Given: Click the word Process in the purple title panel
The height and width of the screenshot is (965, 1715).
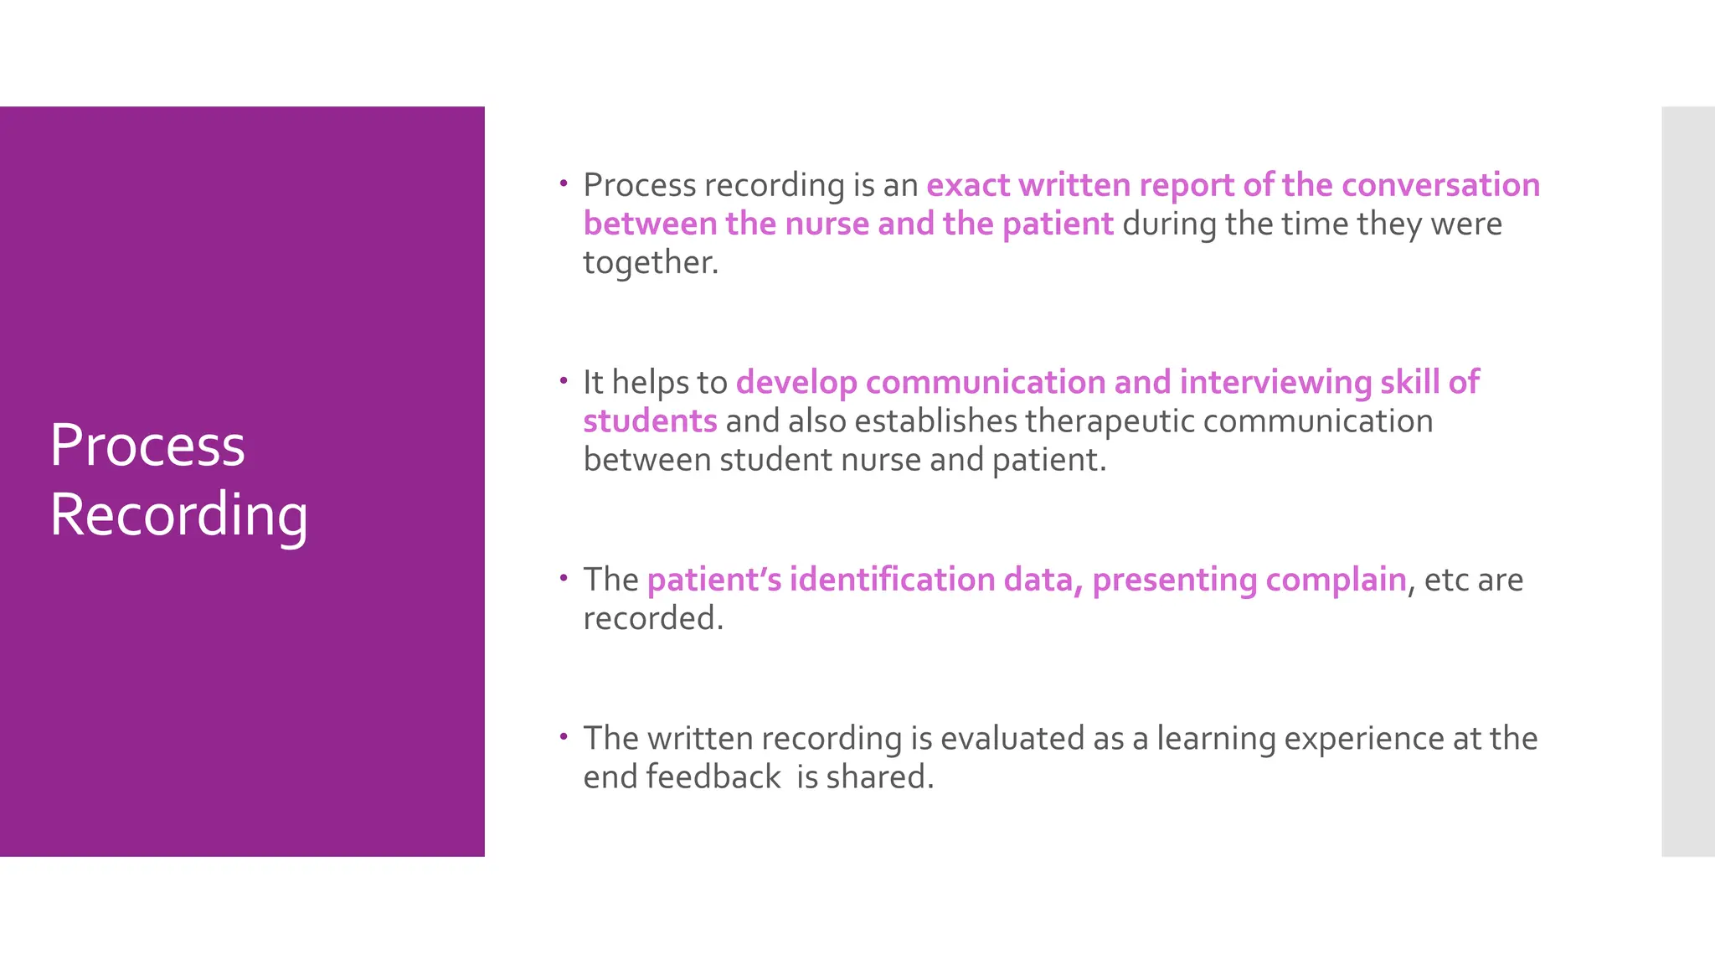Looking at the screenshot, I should coord(147,445).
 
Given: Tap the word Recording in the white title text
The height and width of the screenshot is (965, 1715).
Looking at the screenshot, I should coord(178,514).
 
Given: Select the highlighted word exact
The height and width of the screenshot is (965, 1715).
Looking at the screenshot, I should coord(967,185).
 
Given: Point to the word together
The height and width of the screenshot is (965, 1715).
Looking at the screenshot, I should coord(650,263).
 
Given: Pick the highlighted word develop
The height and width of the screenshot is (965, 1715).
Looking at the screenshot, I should coord(796,383).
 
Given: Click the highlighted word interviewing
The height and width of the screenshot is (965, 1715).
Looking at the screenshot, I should coord(1275,383).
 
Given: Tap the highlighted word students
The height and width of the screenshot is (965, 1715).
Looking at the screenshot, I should coord(650,421).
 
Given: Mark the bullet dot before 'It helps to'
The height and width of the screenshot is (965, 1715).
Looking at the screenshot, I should coord(564,380).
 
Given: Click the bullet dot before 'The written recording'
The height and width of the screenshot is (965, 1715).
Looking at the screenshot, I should coord(564,736).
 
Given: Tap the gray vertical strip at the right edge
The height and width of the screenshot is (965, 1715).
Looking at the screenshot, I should coord(1687,481).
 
